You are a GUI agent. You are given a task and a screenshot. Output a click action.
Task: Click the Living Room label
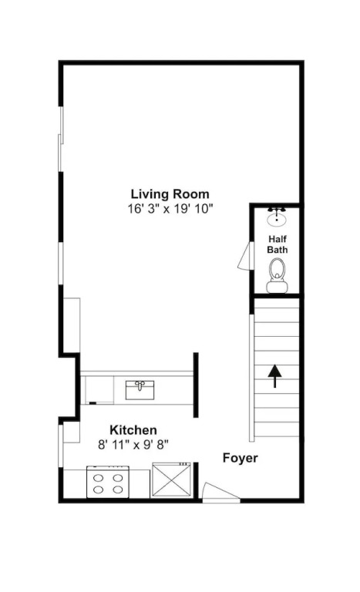pos(170,194)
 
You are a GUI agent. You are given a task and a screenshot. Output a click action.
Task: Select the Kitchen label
pos(133,430)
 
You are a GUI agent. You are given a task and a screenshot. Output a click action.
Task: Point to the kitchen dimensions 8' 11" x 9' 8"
pos(133,445)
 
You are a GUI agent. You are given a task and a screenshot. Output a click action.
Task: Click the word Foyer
pos(241,458)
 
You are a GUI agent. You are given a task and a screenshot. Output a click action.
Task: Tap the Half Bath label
pos(278,244)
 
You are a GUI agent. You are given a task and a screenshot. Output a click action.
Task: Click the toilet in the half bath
pos(277,276)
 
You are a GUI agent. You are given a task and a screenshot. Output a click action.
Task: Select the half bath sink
pos(277,217)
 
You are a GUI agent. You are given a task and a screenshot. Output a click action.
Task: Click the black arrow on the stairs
pos(274,376)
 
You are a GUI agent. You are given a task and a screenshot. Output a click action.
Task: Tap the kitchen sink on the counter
pos(140,390)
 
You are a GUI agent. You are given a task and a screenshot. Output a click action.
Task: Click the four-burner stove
pos(108,482)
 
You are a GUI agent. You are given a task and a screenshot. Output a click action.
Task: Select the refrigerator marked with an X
pos(171,480)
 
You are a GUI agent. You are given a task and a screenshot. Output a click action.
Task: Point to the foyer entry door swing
pos(221,492)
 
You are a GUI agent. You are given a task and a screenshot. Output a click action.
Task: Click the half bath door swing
pos(246,256)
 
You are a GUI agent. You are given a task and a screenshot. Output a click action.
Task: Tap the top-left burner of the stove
pos(99,478)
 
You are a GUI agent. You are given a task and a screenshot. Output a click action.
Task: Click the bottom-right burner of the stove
pos(118,489)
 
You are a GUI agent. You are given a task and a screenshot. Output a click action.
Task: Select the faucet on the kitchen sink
pos(140,385)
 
